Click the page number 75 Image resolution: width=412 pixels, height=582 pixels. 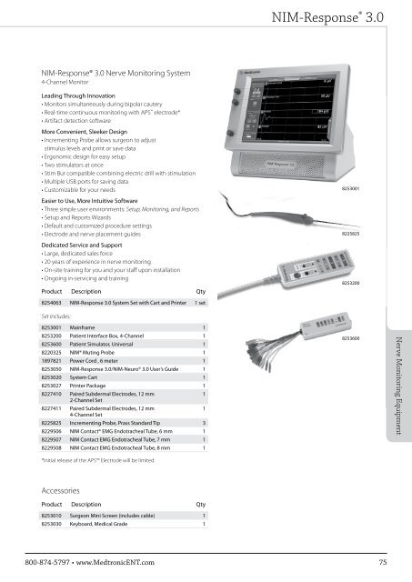pos(384,564)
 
